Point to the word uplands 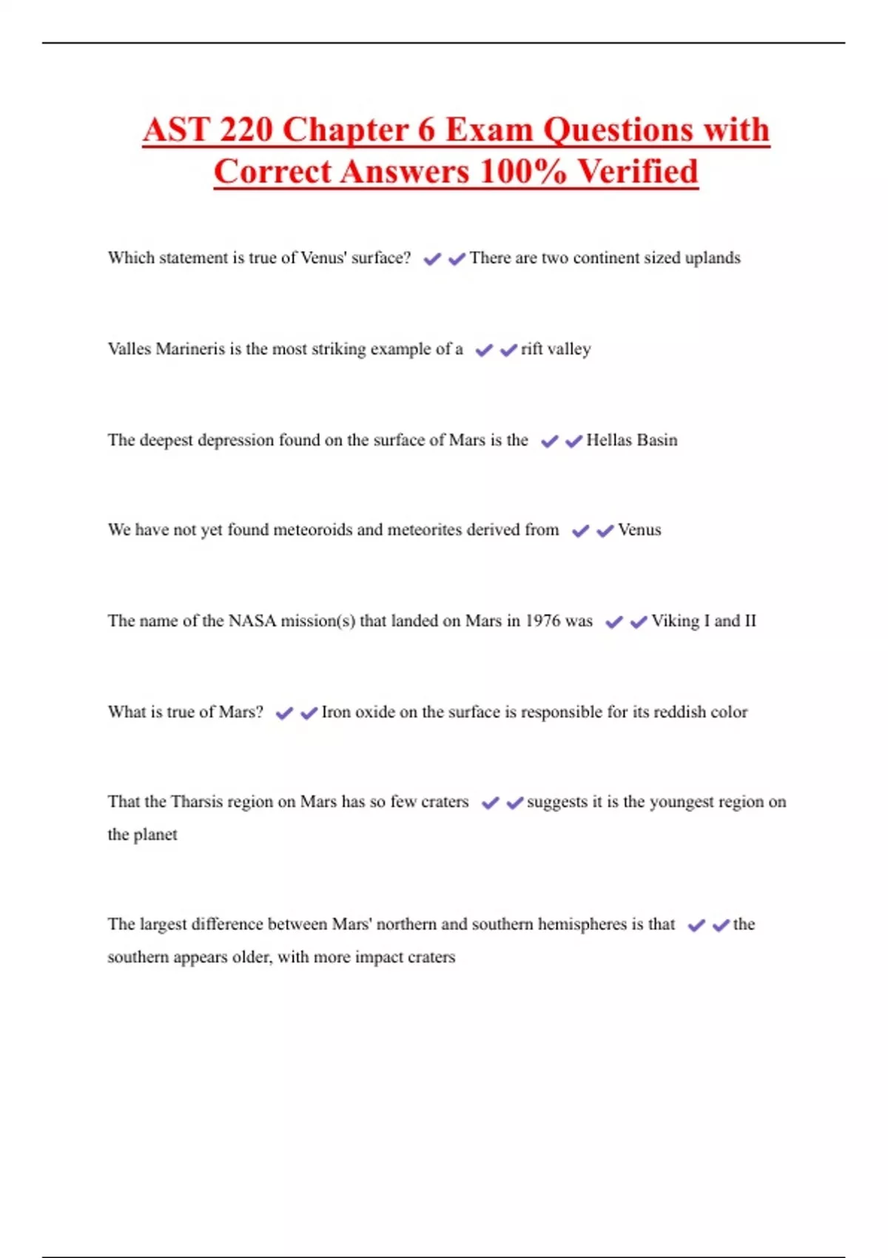712,258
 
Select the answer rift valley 556,349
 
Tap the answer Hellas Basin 631,440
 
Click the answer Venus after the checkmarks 639,530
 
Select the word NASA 252,621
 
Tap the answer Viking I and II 703,621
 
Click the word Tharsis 201,801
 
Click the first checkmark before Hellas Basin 549,441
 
